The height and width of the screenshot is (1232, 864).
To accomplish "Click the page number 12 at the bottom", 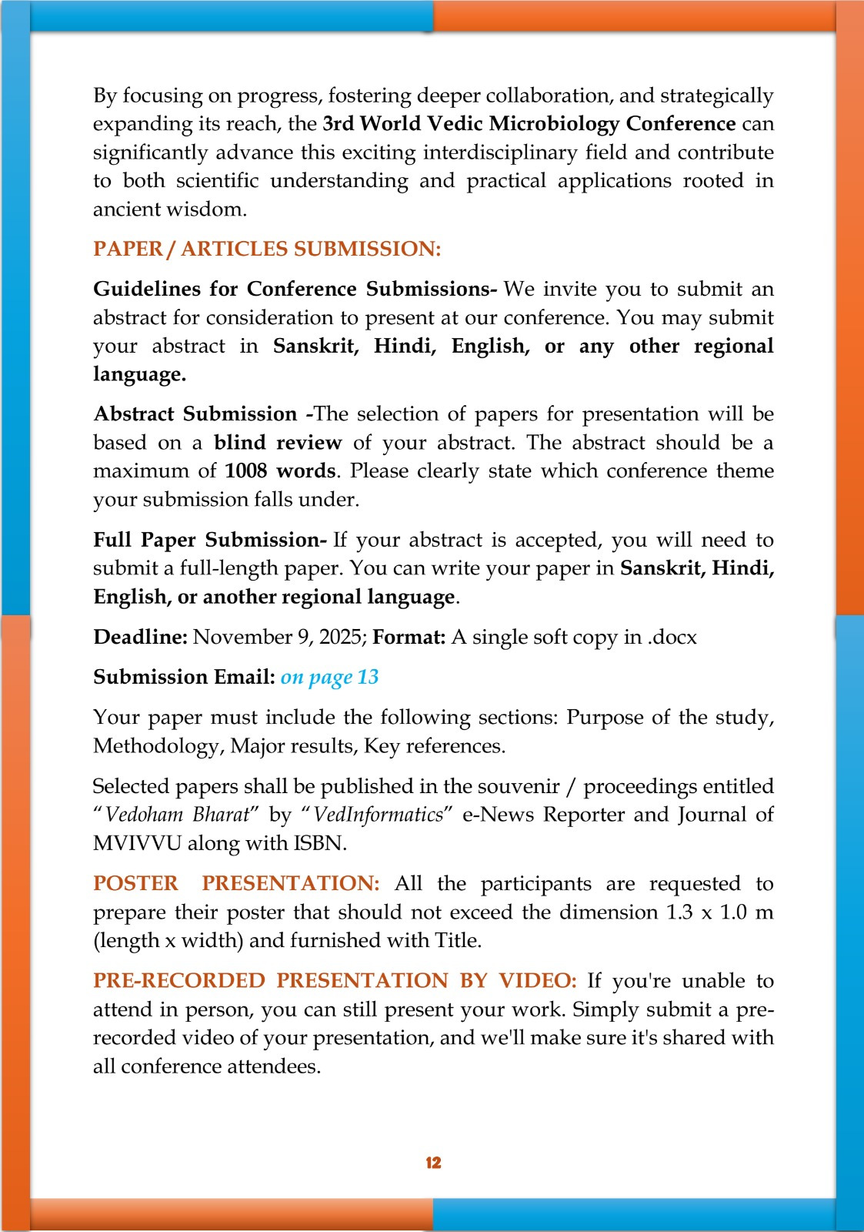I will point(433,1163).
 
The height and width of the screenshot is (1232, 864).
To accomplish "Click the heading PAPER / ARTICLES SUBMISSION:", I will point(267,249).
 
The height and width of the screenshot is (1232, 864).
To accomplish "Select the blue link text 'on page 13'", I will point(329,677).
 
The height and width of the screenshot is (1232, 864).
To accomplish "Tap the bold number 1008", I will point(246,470).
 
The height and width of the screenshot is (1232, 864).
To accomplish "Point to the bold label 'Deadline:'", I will point(140,637).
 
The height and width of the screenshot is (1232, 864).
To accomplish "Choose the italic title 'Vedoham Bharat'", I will point(178,815).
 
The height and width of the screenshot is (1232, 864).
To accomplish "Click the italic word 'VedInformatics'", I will point(379,815).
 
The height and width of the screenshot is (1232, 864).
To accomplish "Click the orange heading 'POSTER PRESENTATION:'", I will point(236,883).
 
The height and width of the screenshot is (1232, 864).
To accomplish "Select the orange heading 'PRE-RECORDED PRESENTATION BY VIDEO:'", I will point(335,980).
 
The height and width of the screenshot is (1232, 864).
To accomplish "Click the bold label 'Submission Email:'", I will point(184,677).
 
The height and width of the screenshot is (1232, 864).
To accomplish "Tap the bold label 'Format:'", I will point(409,637).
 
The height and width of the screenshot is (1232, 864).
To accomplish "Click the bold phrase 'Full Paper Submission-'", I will point(210,540).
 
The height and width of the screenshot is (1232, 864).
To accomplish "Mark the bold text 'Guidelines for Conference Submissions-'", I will point(295,289).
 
